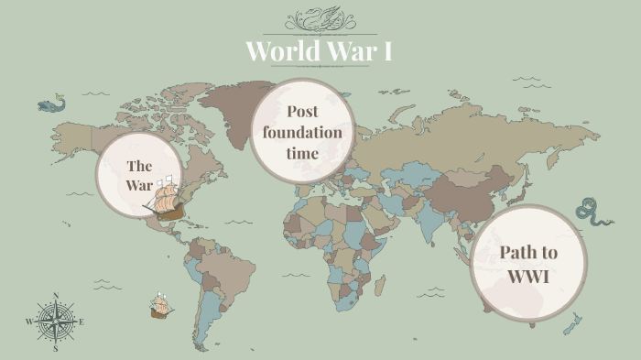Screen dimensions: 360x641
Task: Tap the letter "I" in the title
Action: (x=387, y=50)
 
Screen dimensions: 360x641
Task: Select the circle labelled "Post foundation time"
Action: (x=302, y=131)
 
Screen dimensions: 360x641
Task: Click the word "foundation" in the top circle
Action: (x=302, y=132)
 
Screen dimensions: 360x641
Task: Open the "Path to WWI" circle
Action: (x=528, y=264)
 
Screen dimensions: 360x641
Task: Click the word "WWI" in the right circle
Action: (x=528, y=276)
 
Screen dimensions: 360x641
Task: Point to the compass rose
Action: (x=56, y=322)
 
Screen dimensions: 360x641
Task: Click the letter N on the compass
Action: (x=56, y=295)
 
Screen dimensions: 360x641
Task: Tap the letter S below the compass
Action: (x=56, y=349)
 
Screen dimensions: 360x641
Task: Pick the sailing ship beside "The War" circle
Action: (x=165, y=199)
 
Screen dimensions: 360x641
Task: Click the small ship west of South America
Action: (x=161, y=306)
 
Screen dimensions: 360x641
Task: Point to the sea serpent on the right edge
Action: (x=593, y=213)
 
